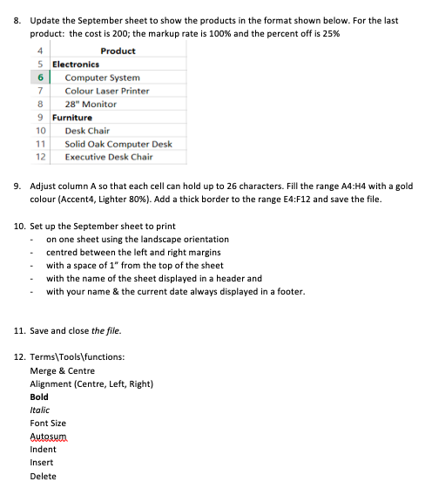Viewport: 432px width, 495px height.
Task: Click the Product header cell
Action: [x=118, y=51]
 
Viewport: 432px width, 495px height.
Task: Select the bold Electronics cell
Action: [x=75, y=64]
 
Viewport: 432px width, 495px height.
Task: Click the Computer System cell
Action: [x=102, y=78]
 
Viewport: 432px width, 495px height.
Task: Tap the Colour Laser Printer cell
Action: [x=107, y=91]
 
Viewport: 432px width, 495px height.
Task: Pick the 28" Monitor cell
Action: [x=91, y=104]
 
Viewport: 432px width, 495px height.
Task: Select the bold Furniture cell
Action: [x=72, y=117]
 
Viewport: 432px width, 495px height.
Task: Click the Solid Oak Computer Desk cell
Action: [x=118, y=144]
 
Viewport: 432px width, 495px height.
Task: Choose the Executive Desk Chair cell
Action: [x=109, y=157]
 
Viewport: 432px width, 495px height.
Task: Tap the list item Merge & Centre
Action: [x=63, y=370]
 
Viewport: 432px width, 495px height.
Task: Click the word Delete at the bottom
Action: [x=43, y=476]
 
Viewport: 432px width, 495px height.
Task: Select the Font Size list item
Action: [x=48, y=423]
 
